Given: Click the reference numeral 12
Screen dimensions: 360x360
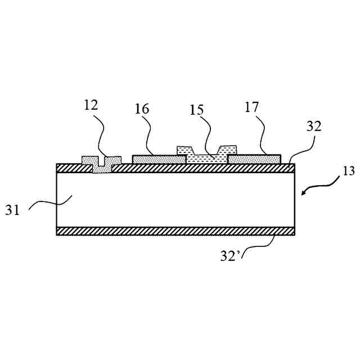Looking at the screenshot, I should coord(91,105).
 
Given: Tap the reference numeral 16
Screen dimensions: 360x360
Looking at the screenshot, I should coord(142,109).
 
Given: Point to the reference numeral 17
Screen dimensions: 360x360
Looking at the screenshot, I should coord(253,106).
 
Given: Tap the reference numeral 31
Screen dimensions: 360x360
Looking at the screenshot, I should coord(13,210).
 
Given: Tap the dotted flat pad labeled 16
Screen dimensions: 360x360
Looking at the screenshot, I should coord(159,160).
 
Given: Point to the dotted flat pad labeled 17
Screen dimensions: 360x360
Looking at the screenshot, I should coord(254,160).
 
